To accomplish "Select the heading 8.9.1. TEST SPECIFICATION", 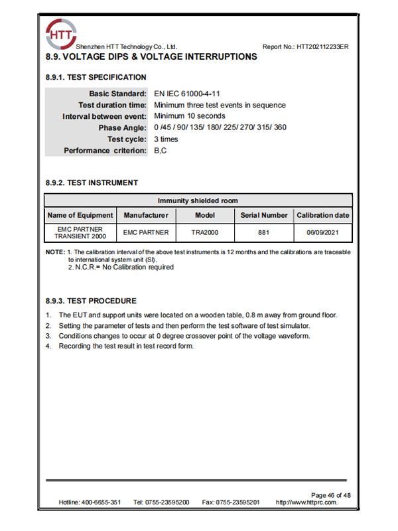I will click(x=96, y=78).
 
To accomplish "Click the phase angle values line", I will click(x=220, y=127).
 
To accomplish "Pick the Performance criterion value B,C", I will click(x=161, y=151).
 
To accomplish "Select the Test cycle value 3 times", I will click(x=166, y=139).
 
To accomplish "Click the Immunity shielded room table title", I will click(x=198, y=200).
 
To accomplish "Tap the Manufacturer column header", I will click(x=146, y=215).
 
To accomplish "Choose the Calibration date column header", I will click(x=322, y=215).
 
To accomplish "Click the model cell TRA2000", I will click(x=204, y=233).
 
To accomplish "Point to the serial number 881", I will click(x=263, y=233).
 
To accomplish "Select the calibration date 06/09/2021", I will click(x=322, y=233).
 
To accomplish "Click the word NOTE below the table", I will click(x=54, y=252).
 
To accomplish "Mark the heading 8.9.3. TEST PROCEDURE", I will click(x=91, y=301).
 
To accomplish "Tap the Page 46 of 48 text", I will click(x=330, y=495).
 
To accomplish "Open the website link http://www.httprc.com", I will click(x=306, y=502).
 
